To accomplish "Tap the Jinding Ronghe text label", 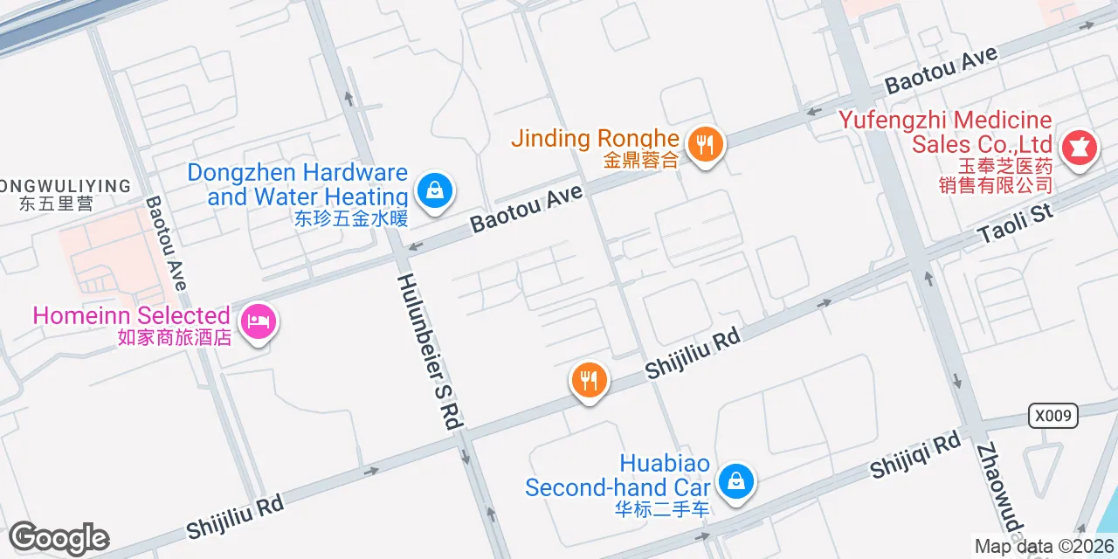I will (x=595, y=138).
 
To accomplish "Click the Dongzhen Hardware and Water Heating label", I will (x=298, y=184).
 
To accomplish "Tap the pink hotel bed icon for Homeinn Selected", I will (x=259, y=322).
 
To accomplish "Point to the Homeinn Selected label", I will (x=132, y=315).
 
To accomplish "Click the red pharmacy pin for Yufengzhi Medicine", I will (x=1079, y=148).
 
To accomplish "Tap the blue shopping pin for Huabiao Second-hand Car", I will (x=736, y=481).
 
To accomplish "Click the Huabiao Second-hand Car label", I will (x=618, y=476).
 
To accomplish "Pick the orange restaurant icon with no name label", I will (x=590, y=381).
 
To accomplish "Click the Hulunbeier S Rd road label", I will (x=430, y=351).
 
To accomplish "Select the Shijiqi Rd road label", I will (x=914, y=457).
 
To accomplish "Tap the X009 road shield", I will (x=1052, y=415).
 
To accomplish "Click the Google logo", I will (x=59, y=538).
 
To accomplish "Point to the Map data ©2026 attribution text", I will (x=1044, y=547).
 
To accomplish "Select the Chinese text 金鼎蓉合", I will (x=640, y=161).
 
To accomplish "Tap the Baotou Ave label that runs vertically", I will (x=166, y=242).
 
